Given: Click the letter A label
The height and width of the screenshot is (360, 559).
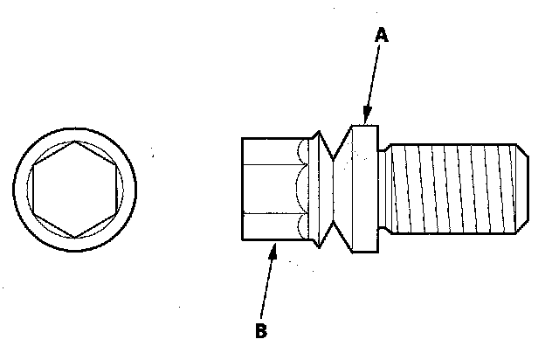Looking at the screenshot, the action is pyautogui.click(x=381, y=36).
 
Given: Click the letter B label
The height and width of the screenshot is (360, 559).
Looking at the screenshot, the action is pyautogui.click(x=260, y=331).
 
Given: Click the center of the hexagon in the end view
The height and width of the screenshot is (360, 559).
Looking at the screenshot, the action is pyautogui.click(x=73, y=187).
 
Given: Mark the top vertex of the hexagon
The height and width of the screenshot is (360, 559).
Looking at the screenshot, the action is pyautogui.click(x=75, y=140).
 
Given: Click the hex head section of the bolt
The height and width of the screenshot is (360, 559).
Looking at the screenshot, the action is pyautogui.click(x=271, y=189).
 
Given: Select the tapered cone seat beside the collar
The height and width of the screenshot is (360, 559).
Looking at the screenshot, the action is pyautogui.click(x=340, y=189).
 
